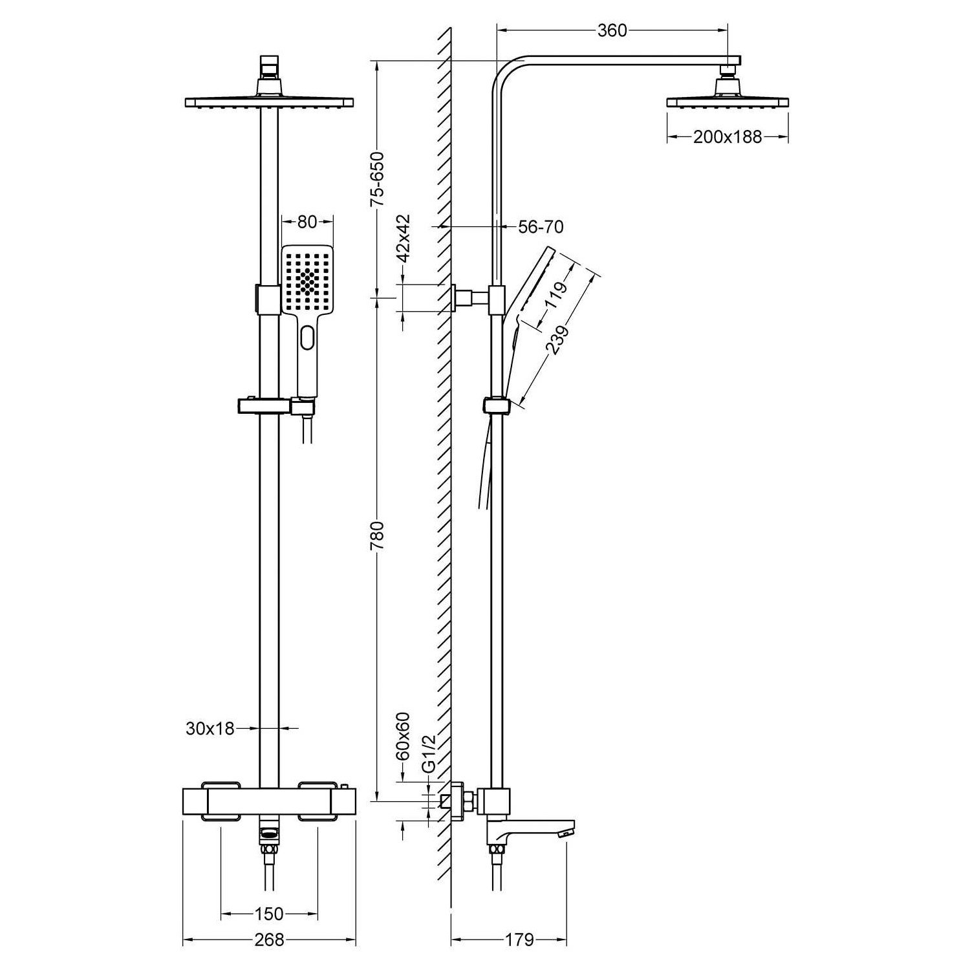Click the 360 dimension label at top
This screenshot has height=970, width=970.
[612, 30]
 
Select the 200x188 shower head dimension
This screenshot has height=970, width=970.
[727, 137]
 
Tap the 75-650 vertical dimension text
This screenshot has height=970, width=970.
[377, 178]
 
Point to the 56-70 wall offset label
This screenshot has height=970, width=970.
[541, 227]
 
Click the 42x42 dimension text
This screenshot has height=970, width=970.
[404, 237]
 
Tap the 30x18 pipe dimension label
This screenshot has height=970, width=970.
[210, 728]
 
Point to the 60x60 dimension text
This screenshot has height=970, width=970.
[404, 736]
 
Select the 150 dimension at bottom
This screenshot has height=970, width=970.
[269, 914]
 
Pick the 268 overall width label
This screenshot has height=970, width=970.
[269, 940]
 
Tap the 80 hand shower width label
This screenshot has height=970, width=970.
[307, 222]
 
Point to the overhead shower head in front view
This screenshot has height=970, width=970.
[269, 102]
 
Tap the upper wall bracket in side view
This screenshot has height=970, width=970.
[464, 298]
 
